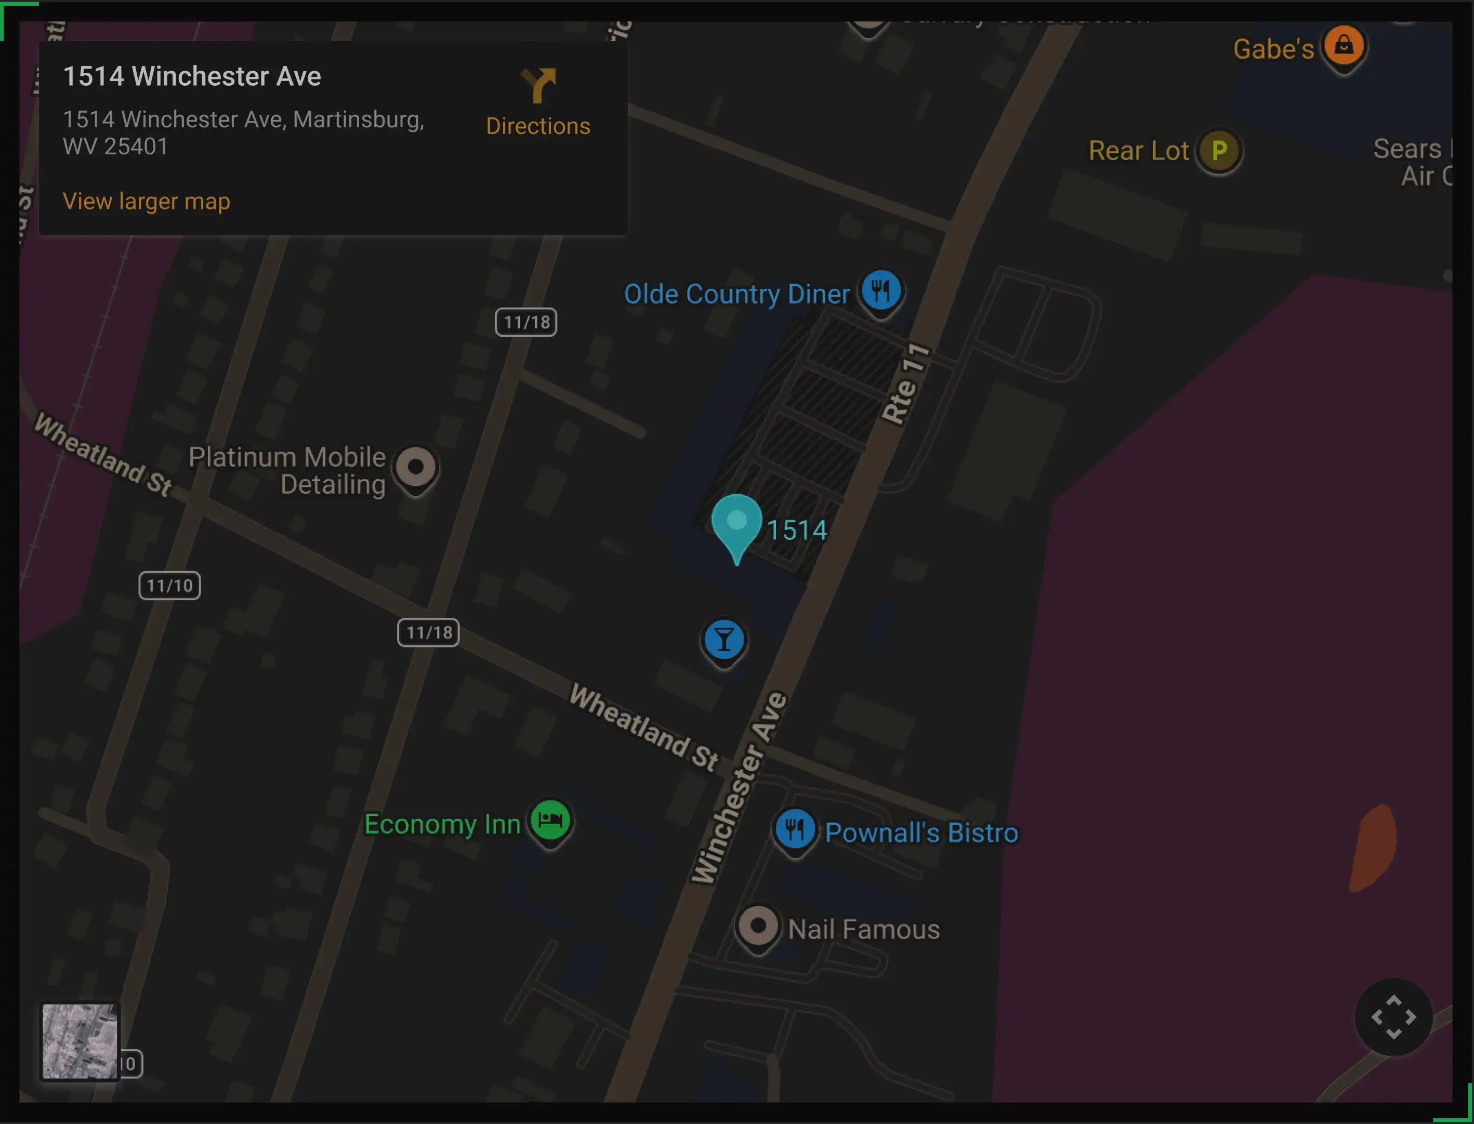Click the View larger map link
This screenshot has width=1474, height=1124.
click(x=146, y=202)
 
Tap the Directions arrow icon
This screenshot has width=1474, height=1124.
click(x=538, y=86)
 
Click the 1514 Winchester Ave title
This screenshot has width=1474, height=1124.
click(x=192, y=76)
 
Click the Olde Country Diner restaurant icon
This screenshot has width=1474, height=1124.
click(x=880, y=291)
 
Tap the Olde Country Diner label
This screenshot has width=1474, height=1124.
click(x=736, y=294)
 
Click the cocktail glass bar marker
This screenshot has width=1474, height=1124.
click(x=723, y=640)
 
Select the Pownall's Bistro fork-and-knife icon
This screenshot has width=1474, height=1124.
click(x=794, y=829)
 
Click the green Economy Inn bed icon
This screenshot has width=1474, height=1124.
click(x=550, y=820)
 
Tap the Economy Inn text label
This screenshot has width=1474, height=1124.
click(x=442, y=824)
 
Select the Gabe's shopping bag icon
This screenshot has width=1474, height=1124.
click(x=1344, y=46)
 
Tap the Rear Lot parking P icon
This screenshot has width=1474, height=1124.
click(x=1219, y=151)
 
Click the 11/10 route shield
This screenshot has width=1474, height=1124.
click(x=169, y=586)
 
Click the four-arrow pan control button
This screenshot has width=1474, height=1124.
click(x=1393, y=1017)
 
